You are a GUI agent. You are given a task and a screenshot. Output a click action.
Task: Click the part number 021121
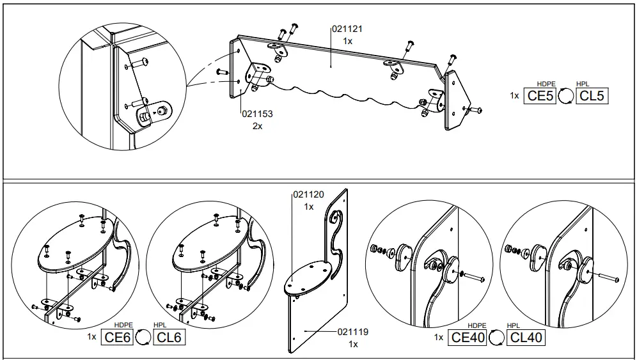click(x=347, y=29)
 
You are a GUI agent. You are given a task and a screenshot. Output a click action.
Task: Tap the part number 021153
click(x=257, y=114)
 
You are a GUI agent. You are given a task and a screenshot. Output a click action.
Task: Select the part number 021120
click(x=308, y=194)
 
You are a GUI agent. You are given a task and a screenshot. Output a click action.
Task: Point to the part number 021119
click(x=353, y=332)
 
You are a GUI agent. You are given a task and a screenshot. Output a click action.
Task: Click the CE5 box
click(x=540, y=96)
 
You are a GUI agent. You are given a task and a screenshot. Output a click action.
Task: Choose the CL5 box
click(x=591, y=96)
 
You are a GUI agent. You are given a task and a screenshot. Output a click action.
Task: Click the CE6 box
click(x=118, y=337)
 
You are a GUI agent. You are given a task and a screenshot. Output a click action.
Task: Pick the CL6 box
click(x=169, y=337)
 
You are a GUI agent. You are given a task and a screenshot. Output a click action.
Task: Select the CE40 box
click(x=468, y=338)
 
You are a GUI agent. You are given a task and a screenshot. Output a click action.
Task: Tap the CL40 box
click(x=526, y=338)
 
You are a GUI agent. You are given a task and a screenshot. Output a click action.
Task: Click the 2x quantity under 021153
click(x=257, y=126)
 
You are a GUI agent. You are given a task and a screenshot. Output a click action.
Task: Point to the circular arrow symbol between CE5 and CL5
click(x=565, y=96)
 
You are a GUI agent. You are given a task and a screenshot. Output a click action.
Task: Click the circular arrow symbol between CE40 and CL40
click(x=496, y=338)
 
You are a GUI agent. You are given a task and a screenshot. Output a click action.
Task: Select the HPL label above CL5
click(x=583, y=84)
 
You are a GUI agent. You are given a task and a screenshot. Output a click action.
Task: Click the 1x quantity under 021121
click(x=347, y=41)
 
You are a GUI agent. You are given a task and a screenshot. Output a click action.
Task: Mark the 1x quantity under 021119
click(x=353, y=344)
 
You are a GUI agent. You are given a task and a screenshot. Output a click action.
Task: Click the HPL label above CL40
click(x=514, y=325)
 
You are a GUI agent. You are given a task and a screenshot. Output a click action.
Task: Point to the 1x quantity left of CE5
click(x=514, y=96)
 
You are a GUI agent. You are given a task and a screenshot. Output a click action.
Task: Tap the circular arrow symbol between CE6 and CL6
click(x=143, y=338)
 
